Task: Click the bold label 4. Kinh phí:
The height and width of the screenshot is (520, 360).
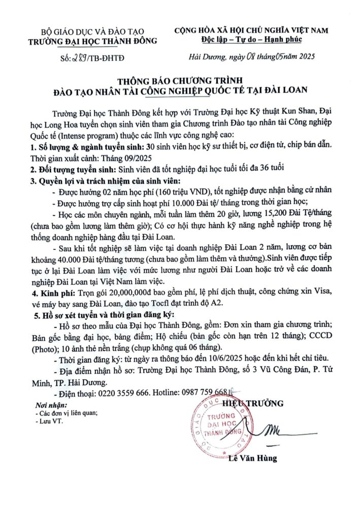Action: pos(54,294)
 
